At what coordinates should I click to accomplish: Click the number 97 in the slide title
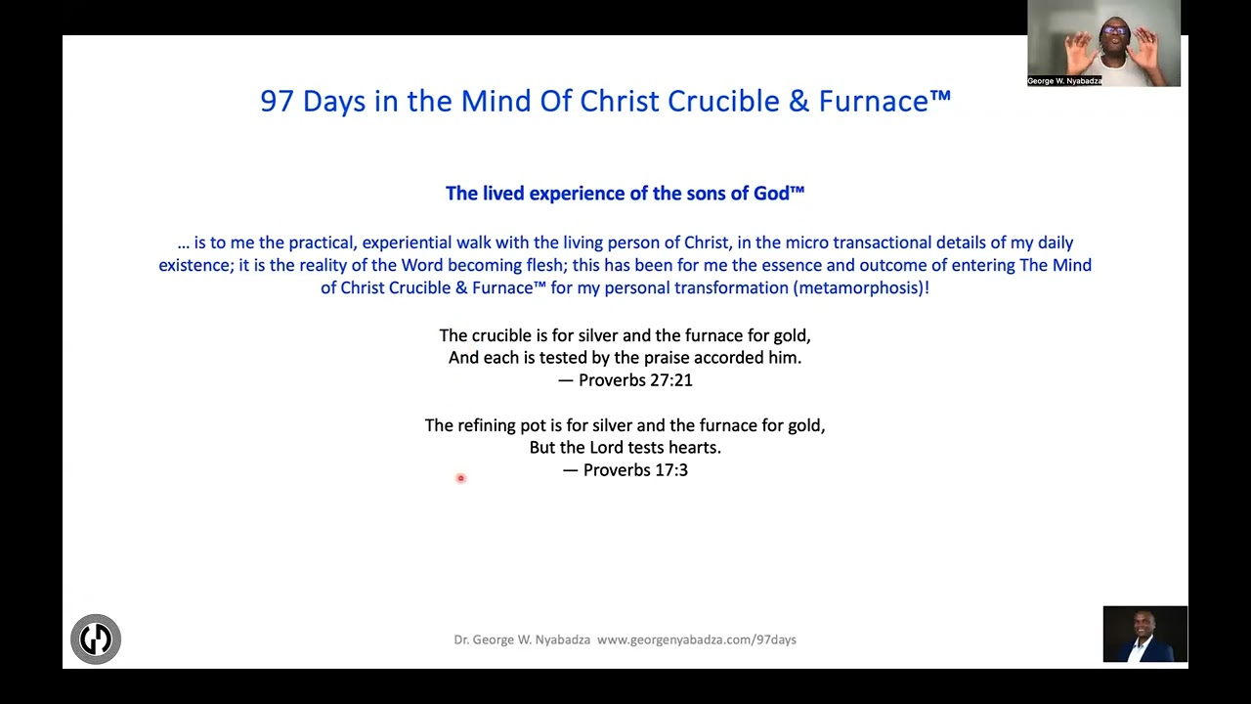[277, 102]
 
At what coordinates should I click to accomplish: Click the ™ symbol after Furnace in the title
[940, 96]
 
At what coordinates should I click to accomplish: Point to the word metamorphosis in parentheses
[855, 287]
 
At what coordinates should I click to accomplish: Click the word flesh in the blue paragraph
[539, 265]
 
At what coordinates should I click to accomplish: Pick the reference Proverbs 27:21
[635, 380]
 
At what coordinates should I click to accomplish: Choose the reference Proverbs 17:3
[635, 470]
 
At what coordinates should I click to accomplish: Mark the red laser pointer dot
[460, 478]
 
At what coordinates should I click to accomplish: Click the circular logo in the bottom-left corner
[96, 639]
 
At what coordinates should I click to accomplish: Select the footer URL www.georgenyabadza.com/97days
[697, 639]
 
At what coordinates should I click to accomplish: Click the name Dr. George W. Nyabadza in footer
[522, 639]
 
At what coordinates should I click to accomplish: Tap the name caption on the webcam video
[1064, 81]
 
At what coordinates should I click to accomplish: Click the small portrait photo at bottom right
[1144, 635]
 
